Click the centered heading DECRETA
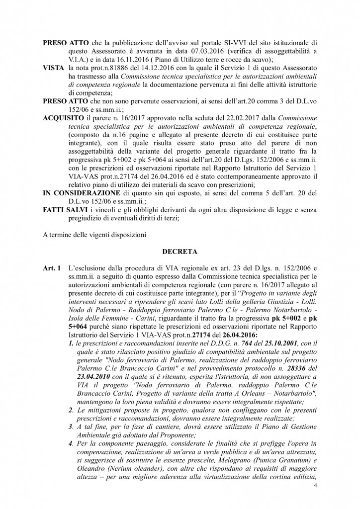pos(180,252)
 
